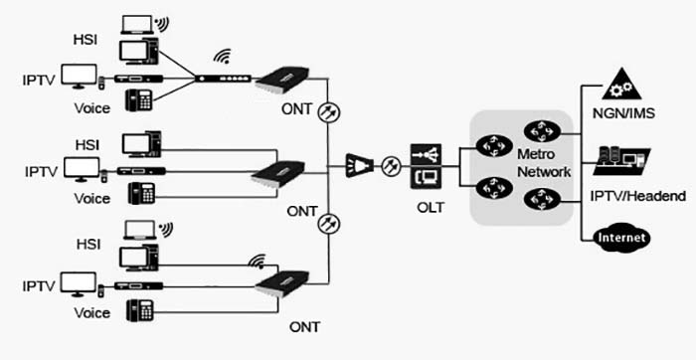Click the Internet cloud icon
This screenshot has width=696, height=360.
coord(620,238)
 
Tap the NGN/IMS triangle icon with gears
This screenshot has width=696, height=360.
coord(619,85)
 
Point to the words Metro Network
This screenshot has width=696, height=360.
coord(543,163)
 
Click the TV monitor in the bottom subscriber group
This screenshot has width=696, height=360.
coord(79,283)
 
